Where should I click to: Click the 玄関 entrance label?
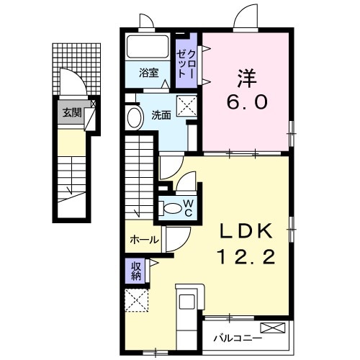click(x=71, y=112)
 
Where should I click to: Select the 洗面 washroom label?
click(x=161, y=114)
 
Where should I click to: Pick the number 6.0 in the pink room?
click(x=249, y=102)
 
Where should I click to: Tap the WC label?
click(x=187, y=209)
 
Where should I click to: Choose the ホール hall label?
click(x=144, y=240)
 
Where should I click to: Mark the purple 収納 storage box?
click(x=136, y=271)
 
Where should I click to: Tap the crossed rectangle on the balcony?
click(x=274, y=328)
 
